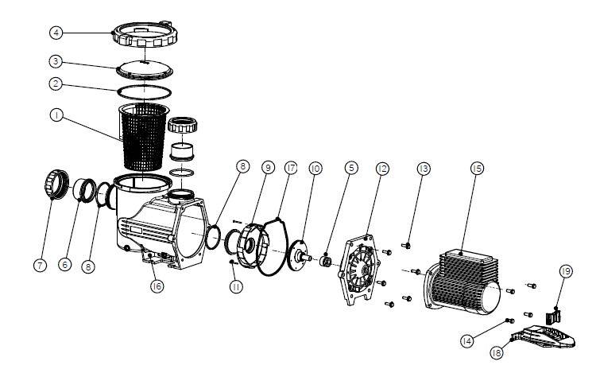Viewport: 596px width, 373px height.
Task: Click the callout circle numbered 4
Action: pyautogui.click(x=56, y=33)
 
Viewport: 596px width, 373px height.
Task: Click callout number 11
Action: pyautogui.click(x=236, y=286)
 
